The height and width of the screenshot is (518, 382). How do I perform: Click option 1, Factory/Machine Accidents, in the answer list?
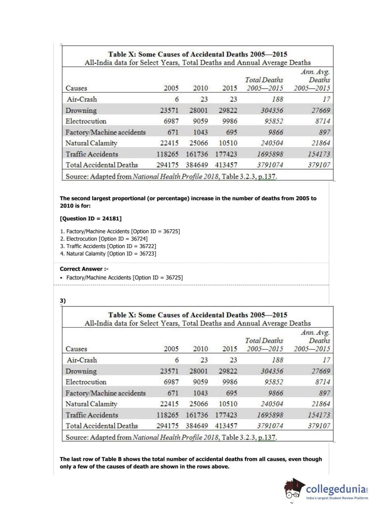coord(120,231)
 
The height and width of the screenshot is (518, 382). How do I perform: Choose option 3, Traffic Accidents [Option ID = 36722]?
coord(108,246)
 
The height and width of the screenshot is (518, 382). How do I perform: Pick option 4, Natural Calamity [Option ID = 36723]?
coord(108,254)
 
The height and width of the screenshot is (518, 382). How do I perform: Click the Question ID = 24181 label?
coord(91,219)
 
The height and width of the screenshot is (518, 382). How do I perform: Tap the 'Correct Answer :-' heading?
coord(84,269)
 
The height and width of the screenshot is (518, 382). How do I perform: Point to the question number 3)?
coord(63,301)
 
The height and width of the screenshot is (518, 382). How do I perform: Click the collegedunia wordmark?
coord(336,489)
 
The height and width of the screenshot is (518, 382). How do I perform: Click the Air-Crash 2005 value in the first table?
coord(177,99)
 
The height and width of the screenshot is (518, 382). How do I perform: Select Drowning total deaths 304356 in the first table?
coord(272,110)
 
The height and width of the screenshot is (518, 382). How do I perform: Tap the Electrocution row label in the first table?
coord(86,121)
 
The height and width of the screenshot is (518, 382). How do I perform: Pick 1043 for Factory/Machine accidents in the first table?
coord(200,132)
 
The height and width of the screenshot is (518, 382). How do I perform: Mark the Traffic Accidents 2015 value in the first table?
coord(226,154)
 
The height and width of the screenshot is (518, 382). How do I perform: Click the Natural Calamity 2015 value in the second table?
coord(228,404)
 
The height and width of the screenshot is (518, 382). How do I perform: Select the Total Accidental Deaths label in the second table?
coord(102,426)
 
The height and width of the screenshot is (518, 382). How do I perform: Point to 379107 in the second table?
coord(319,426)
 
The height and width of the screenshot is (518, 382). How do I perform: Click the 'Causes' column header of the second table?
coord(76,349)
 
